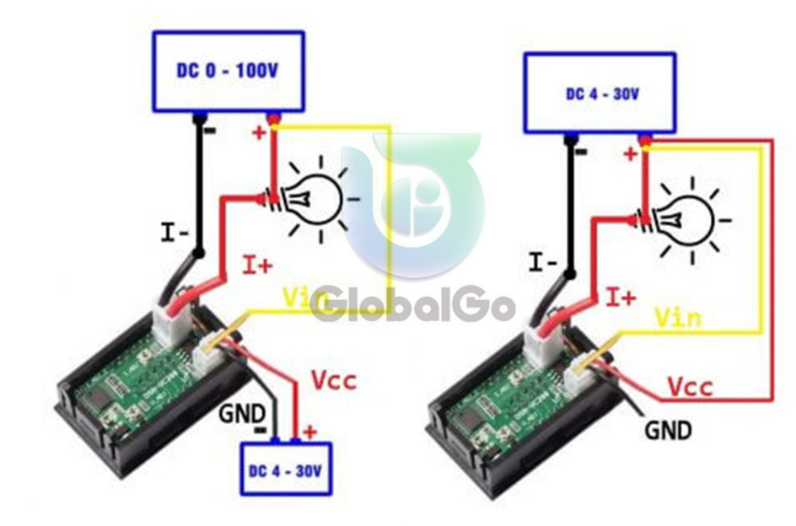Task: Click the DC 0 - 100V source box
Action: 228,72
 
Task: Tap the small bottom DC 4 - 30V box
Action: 287,469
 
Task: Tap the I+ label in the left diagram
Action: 258,266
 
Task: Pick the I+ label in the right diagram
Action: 621,298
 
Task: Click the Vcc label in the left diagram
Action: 333,379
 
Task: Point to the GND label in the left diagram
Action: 242,414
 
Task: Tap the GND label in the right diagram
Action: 668,431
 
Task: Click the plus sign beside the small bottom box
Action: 309,432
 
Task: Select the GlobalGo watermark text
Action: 413,307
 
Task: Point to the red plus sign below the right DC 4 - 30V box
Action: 629,154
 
